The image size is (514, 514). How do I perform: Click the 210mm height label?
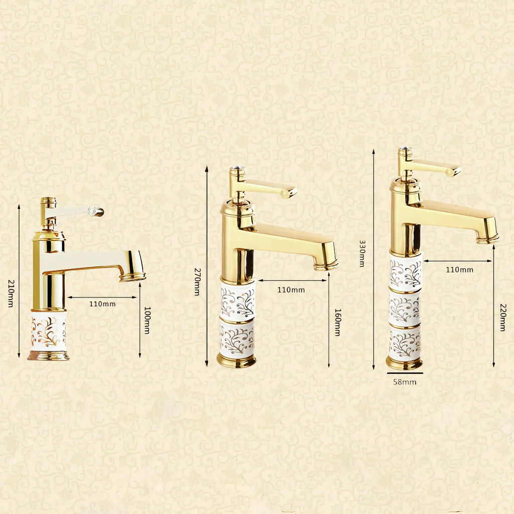11,293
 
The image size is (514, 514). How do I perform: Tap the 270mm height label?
197,282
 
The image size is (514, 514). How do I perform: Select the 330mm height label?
362,253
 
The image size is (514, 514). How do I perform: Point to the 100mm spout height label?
148,320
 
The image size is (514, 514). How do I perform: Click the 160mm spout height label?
338,322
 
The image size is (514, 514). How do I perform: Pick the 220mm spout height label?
503,317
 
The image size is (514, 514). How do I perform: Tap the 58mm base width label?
405,382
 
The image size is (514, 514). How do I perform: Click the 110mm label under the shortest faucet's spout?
102,304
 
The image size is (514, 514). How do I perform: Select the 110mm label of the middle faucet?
291,290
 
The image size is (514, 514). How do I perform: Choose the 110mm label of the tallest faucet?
460,270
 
